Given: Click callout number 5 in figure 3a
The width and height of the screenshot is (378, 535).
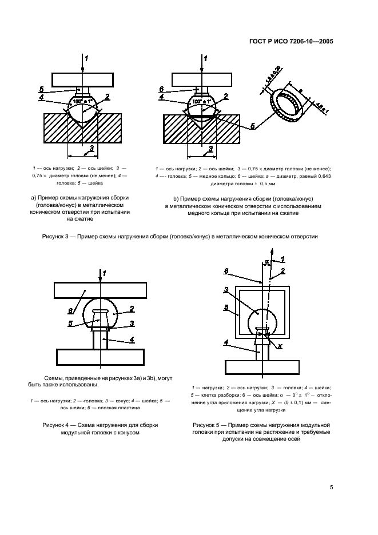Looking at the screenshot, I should (x=42, y=89).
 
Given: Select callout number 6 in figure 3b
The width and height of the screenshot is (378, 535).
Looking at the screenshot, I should (x=162, y=89).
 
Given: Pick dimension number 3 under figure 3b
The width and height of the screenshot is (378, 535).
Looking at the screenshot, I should (x=210, y=148).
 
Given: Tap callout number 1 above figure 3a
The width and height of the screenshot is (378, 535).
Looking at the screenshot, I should (x=86, y=58).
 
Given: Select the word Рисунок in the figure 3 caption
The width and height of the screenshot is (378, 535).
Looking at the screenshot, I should (x=56, y=236).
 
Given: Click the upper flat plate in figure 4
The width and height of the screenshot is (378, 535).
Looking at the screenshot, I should (x=100, y=290).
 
